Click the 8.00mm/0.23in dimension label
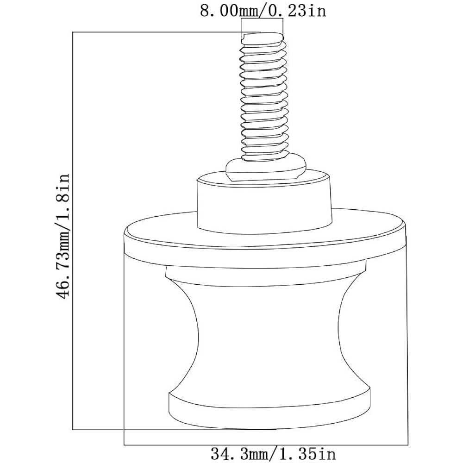[263, 11]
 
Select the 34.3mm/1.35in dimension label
[273, 454]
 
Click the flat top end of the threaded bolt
[262, 38]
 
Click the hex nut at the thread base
[265, 170]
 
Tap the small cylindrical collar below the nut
[264, 203]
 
